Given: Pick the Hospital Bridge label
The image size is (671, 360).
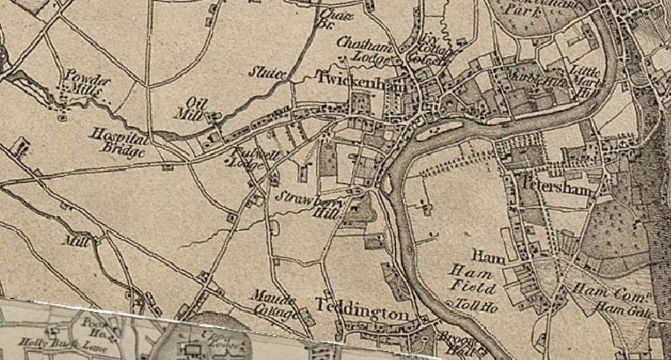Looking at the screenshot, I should click(116, 142).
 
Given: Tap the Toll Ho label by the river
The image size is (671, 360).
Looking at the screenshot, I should click(476, 305).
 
